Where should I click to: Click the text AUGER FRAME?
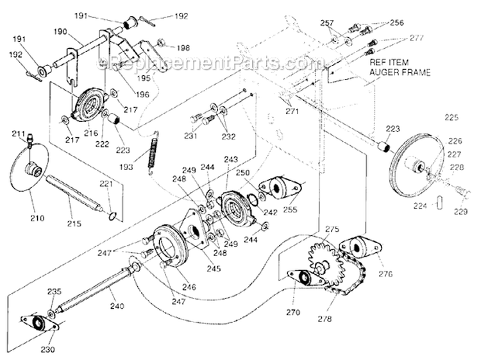394,73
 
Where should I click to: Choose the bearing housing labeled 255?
280,187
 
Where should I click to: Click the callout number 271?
292,111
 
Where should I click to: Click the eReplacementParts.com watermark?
212,63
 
